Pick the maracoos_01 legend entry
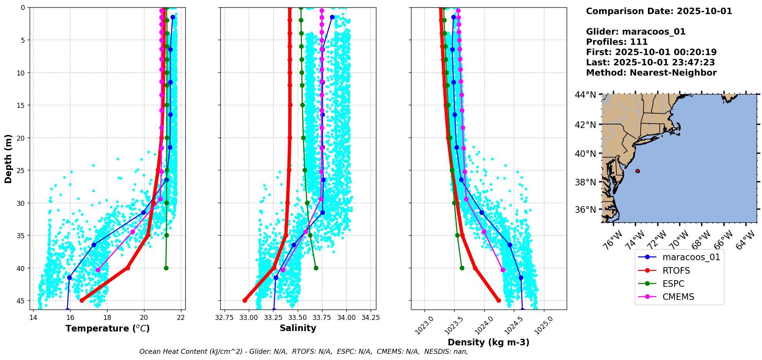[679, 257]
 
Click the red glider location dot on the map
[638, 171]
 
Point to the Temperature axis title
[107, 328]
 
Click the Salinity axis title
[298, 328]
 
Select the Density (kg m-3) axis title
[488, 342]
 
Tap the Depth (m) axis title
[8, 158]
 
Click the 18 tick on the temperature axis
[107, 318]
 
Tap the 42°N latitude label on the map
[586, 124]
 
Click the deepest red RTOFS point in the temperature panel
[82, 300]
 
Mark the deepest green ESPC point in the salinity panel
[316, 268]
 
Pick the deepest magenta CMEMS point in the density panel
[503, 270]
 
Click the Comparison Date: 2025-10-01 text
[659, 11]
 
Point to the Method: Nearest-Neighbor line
[651, 73]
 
